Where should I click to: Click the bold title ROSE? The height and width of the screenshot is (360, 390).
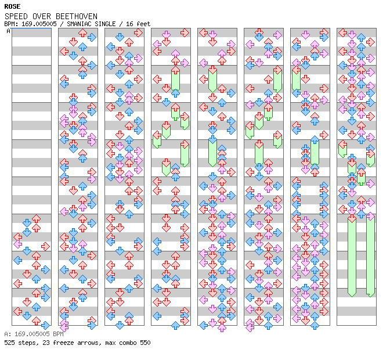12,6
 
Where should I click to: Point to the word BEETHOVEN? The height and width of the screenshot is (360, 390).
77,16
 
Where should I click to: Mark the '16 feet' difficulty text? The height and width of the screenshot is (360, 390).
138,24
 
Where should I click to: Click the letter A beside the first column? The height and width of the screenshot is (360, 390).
9,31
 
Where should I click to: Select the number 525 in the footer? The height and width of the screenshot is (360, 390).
10,343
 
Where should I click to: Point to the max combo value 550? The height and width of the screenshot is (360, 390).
145,343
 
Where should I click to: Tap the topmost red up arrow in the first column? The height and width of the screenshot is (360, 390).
37,218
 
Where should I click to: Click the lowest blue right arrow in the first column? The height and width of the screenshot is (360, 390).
46,325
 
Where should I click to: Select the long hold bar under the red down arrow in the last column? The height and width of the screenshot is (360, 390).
352,255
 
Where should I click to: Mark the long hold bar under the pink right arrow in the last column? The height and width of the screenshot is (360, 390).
370,255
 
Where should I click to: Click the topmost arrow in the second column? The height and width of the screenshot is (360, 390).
92,37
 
